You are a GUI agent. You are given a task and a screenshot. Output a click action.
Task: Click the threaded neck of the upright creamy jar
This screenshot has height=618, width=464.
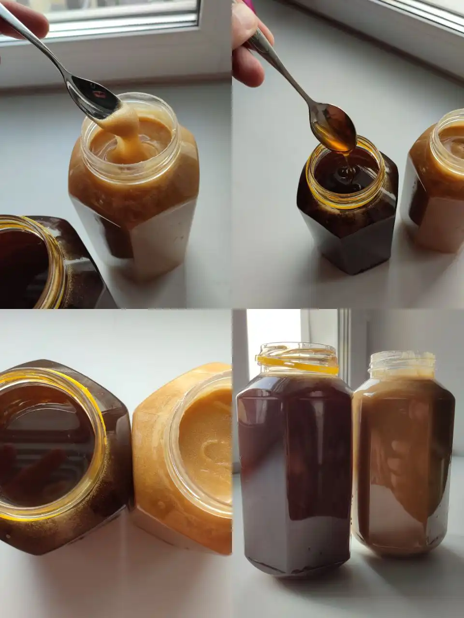click(x=402, y=365)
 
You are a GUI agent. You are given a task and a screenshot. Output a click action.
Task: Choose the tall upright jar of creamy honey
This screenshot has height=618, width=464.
click(x=404, y=463)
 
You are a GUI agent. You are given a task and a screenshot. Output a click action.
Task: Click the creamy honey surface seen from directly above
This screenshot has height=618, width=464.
click(x=203, y=444)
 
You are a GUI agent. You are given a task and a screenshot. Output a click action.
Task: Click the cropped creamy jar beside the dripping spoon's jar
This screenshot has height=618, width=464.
click(x=435, y=183)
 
